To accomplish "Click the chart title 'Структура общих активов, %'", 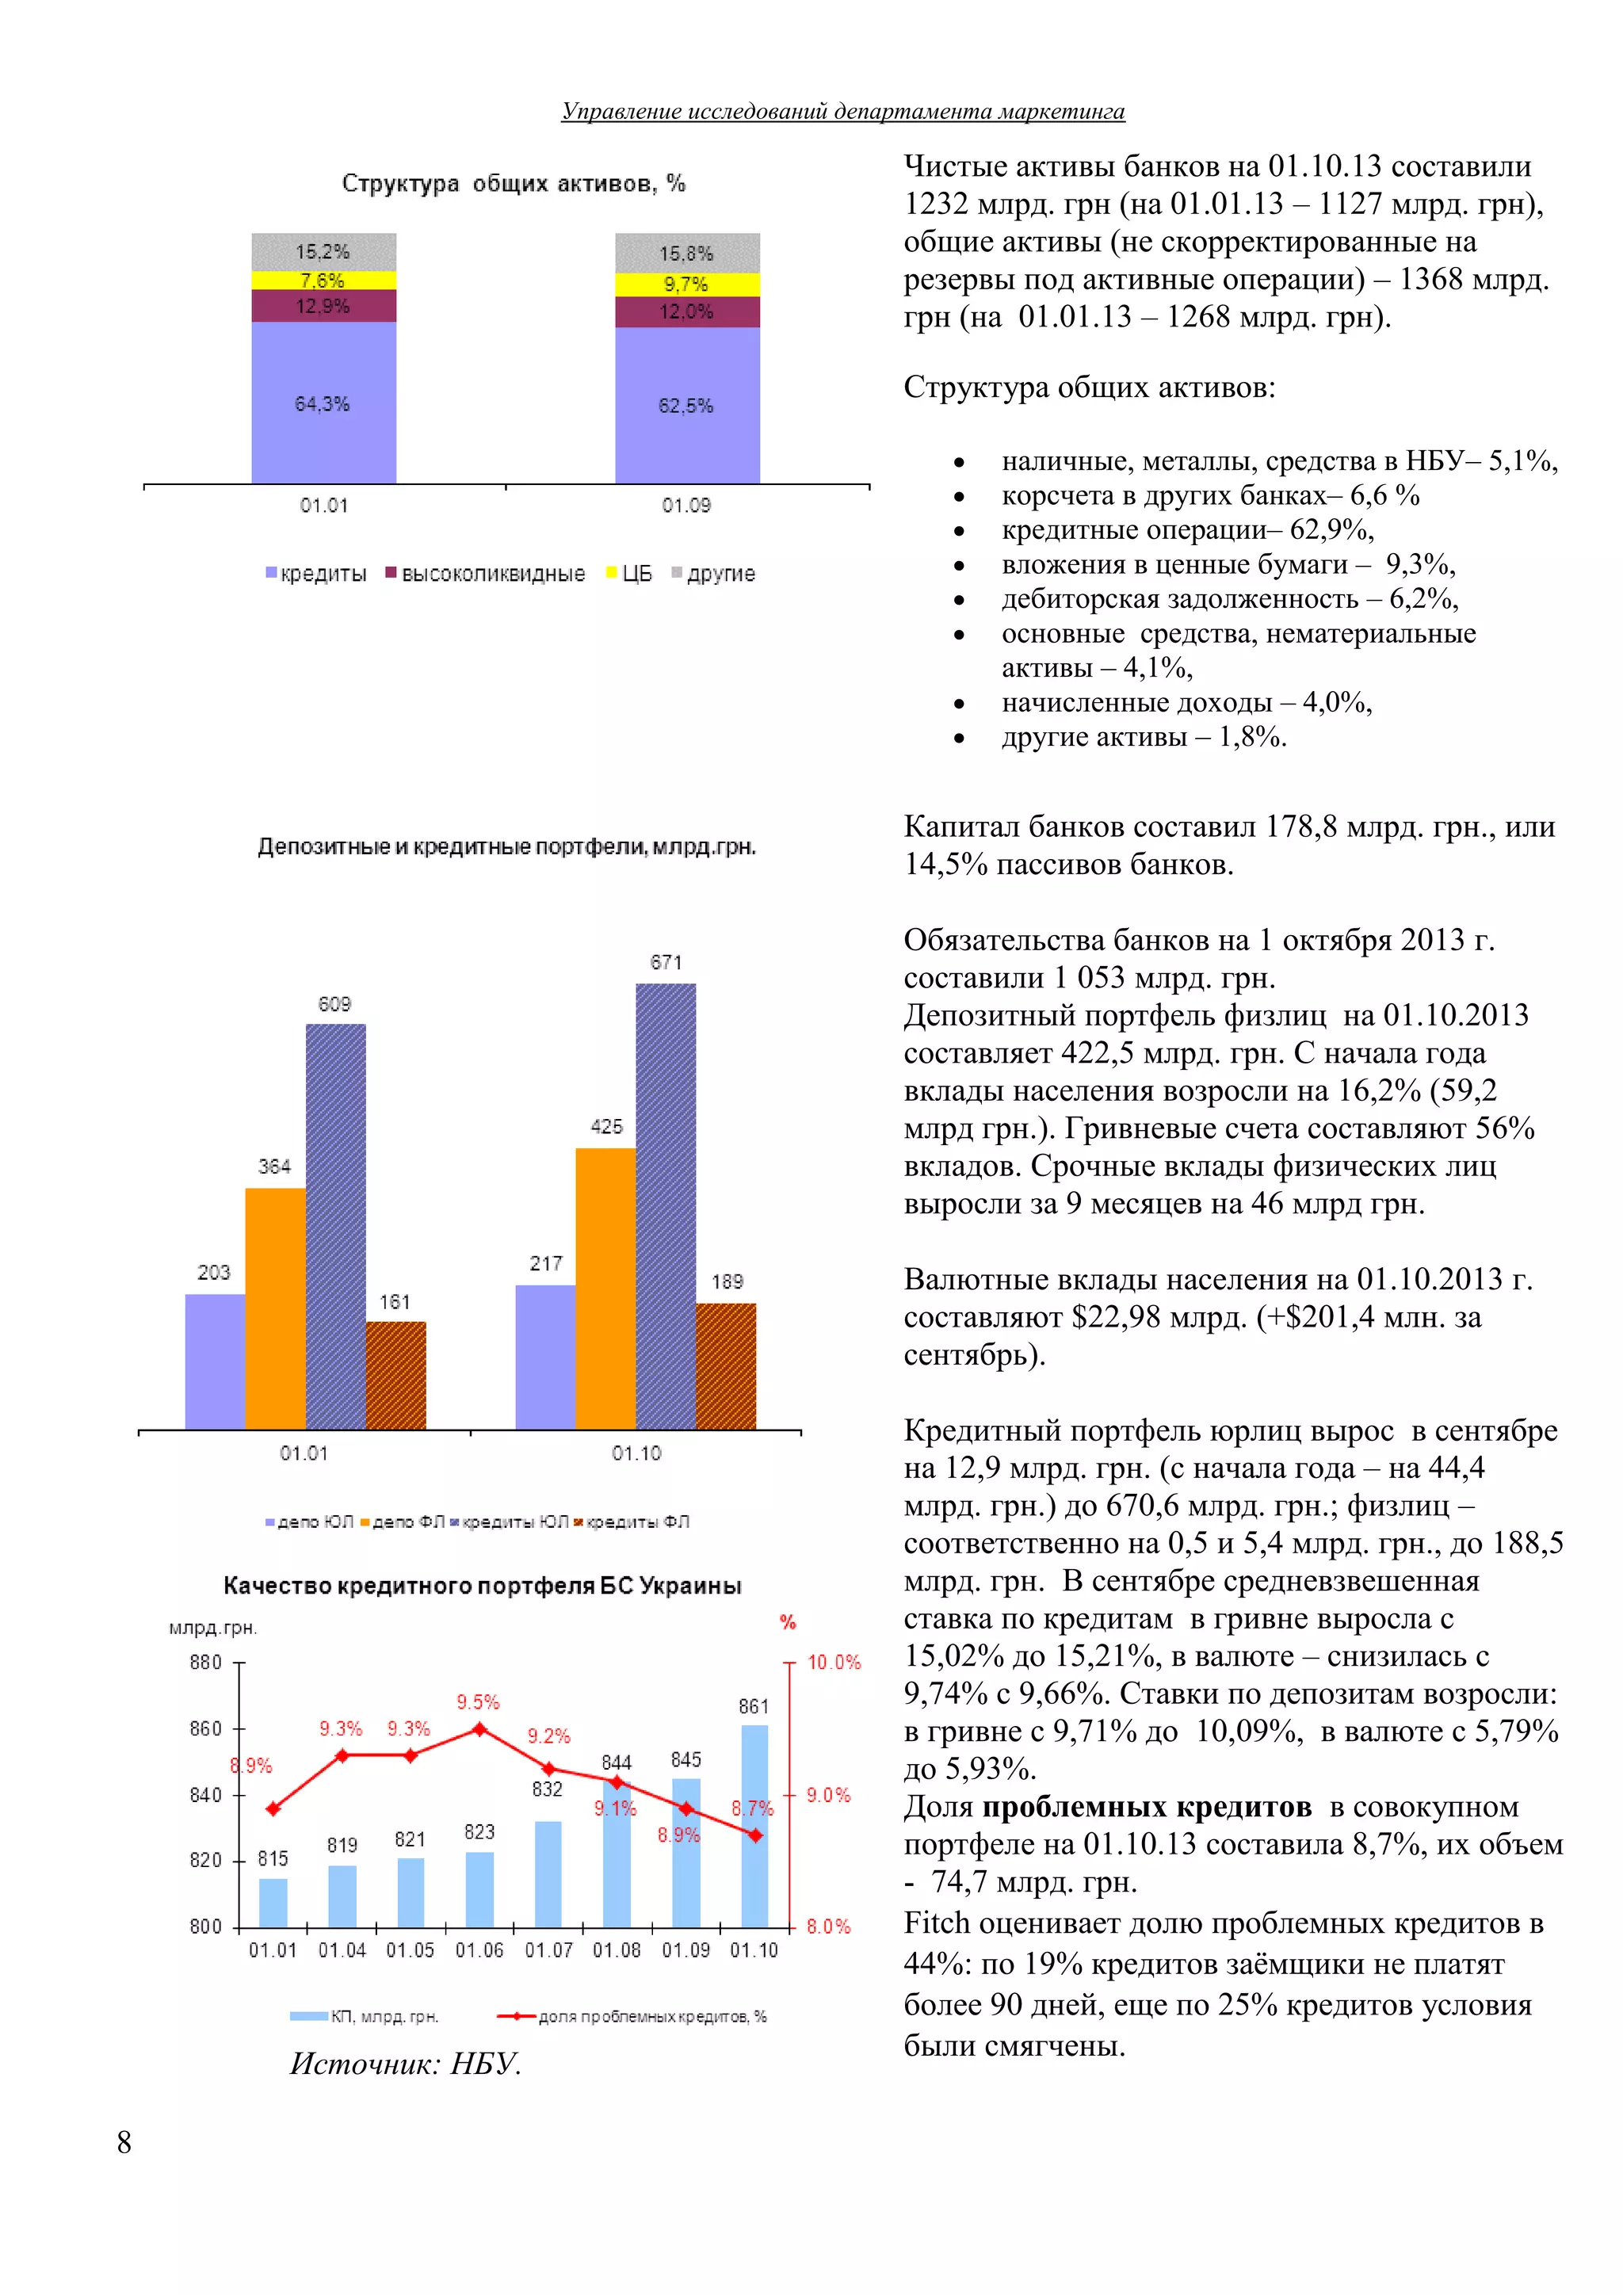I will (514, 183).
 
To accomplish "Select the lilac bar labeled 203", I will (215, 1361).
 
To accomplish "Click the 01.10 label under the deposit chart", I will (636, 1453).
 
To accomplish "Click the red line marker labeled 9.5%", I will (479, 1728).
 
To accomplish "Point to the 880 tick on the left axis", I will (206, 1663).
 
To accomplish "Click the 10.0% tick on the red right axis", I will (834, 1663).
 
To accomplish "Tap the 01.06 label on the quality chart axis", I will (479, 1950).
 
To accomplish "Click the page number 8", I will (124, 2142).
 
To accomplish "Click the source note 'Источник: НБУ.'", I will (406, 2064).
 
